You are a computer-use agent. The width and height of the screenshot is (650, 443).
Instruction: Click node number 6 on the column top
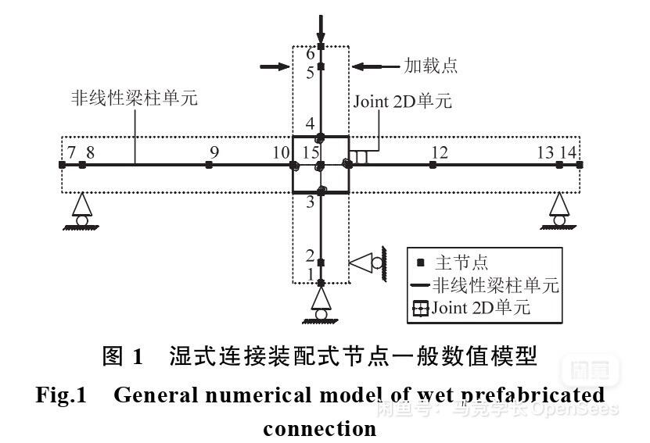coord(311,54)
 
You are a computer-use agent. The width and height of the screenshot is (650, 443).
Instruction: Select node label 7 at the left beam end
coord(71,152)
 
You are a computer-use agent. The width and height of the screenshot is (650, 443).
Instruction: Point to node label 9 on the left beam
coord(214,152)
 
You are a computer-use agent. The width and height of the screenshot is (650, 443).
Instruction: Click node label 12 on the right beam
coord(440,152)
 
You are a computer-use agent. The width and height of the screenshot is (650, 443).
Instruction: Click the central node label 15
coord(311,152)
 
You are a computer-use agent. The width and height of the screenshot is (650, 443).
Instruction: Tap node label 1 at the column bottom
coord(311,274)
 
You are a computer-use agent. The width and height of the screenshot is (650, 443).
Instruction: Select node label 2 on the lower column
coord(311,255)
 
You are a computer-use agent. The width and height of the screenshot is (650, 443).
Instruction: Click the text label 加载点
coord(430,66)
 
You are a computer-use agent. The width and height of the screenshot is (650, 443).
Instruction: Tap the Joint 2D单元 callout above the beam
coord(402,102)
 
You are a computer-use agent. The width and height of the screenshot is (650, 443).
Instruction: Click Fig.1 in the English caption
coord(60,395)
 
